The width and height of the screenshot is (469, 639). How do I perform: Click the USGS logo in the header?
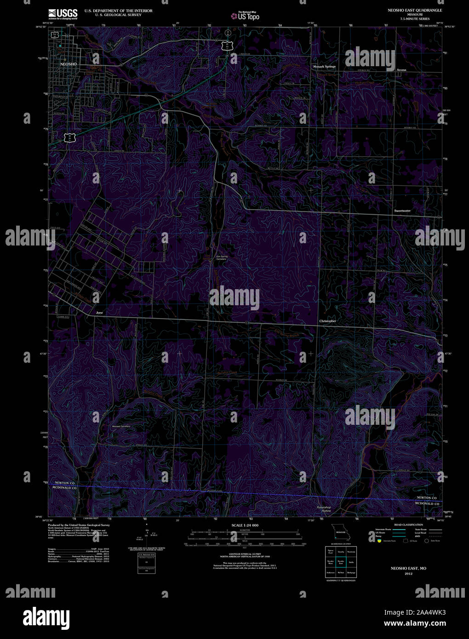pos(63,13)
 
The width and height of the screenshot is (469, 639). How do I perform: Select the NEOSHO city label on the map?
pos(69,64)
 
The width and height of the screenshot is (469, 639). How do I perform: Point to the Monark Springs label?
pos(324,67)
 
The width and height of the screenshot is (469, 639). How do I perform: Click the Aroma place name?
pos(401,70)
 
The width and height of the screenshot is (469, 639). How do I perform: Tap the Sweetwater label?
pos(402,211)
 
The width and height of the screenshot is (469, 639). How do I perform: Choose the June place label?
pos(99,313)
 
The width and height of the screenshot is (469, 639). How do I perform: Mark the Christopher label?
pos(327,321)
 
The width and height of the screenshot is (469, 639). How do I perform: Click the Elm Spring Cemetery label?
pos(222,258)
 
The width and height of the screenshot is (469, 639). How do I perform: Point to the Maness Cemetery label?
pos(121,426)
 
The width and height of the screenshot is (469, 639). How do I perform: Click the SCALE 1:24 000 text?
pos(245,525)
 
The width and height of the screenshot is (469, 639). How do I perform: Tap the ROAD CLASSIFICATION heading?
pos(408,525)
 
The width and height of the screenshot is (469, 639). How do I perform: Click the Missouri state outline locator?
pos(341,534)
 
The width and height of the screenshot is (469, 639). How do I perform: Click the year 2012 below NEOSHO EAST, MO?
pos(408,574)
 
